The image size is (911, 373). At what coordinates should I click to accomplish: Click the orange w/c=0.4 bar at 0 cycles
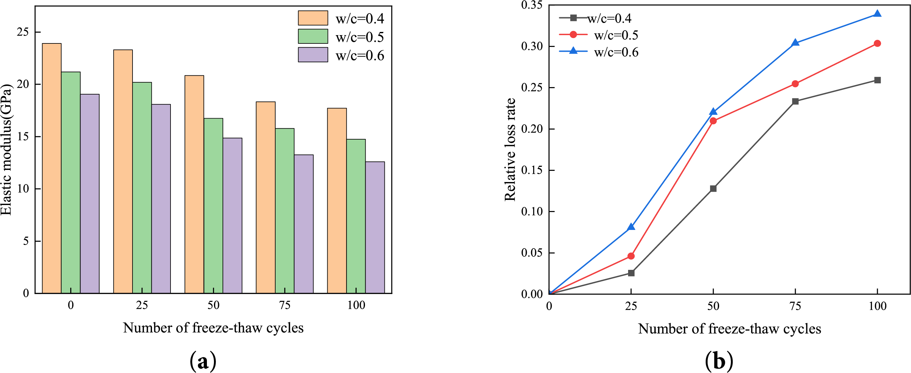pyautogui.click(x=52, y=168)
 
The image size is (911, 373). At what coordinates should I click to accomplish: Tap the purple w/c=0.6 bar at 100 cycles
pyautogui.click(x=375, y=227)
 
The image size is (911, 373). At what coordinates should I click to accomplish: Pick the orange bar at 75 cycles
pyautogui.click(x=266, y=197)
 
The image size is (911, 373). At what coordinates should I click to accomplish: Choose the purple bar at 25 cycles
pyautogui.click(x=161, y=199)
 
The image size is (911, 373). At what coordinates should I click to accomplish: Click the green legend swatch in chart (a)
pyautogui.click(x=313, y=36)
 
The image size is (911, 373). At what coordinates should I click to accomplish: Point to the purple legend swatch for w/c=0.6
pyautogui.click(x=313, y=55)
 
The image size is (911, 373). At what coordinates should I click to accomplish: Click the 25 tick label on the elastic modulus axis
pyautogui.click(x=23, y=32)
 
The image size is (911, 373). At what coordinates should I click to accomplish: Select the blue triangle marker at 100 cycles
pyautogui.click(x=877, y=14)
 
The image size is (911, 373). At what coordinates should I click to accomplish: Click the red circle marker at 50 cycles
pyautogui.click(x=713, y=121)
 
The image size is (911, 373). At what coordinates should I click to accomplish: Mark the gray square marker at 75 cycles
pyautogui.click(x=795, y=102)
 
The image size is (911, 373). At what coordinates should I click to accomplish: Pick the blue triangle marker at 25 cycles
pyautogui.click(x=631, y=227)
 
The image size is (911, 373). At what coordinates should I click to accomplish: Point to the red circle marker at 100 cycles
pyautogui.click(x=877, y=43)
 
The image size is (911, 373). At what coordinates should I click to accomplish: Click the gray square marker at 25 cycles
pyautogui.click(x=631, y=273)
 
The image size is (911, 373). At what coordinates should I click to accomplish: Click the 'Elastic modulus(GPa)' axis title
pyautogui.click(x=6, y=149)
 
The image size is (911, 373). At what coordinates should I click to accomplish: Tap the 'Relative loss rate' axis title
pyautogui.click(x=510, y=149)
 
